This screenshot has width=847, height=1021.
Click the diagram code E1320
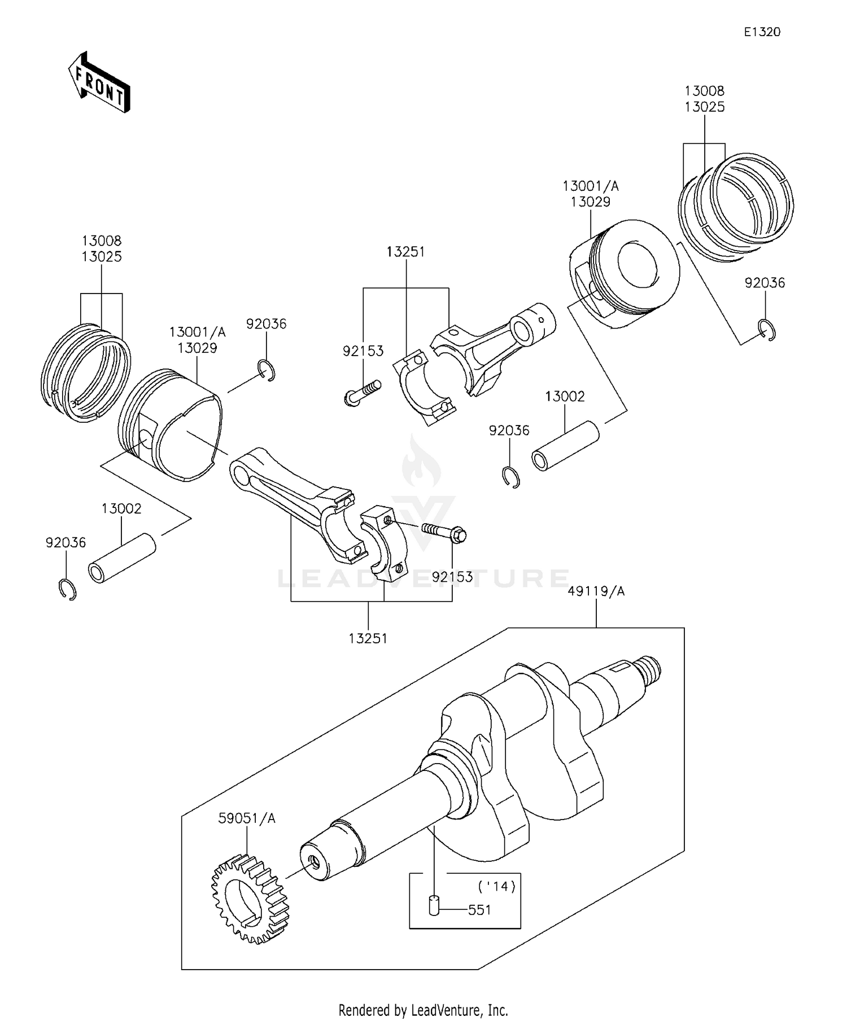tap(761, 32)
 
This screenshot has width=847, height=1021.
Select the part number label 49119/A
tap(596, 591)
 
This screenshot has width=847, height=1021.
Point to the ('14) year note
tap(496, 886)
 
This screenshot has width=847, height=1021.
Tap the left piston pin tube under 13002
tap(121, 558)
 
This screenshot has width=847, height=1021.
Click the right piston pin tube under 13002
tap(565, 446)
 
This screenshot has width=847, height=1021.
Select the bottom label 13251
tap(368, 638)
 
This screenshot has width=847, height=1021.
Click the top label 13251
tap(405, 252)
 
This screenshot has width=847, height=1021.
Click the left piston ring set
tap(86, 373)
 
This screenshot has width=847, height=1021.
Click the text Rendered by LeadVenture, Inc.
tap(423, 1010)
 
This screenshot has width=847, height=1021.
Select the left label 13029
tap(197, 348)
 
